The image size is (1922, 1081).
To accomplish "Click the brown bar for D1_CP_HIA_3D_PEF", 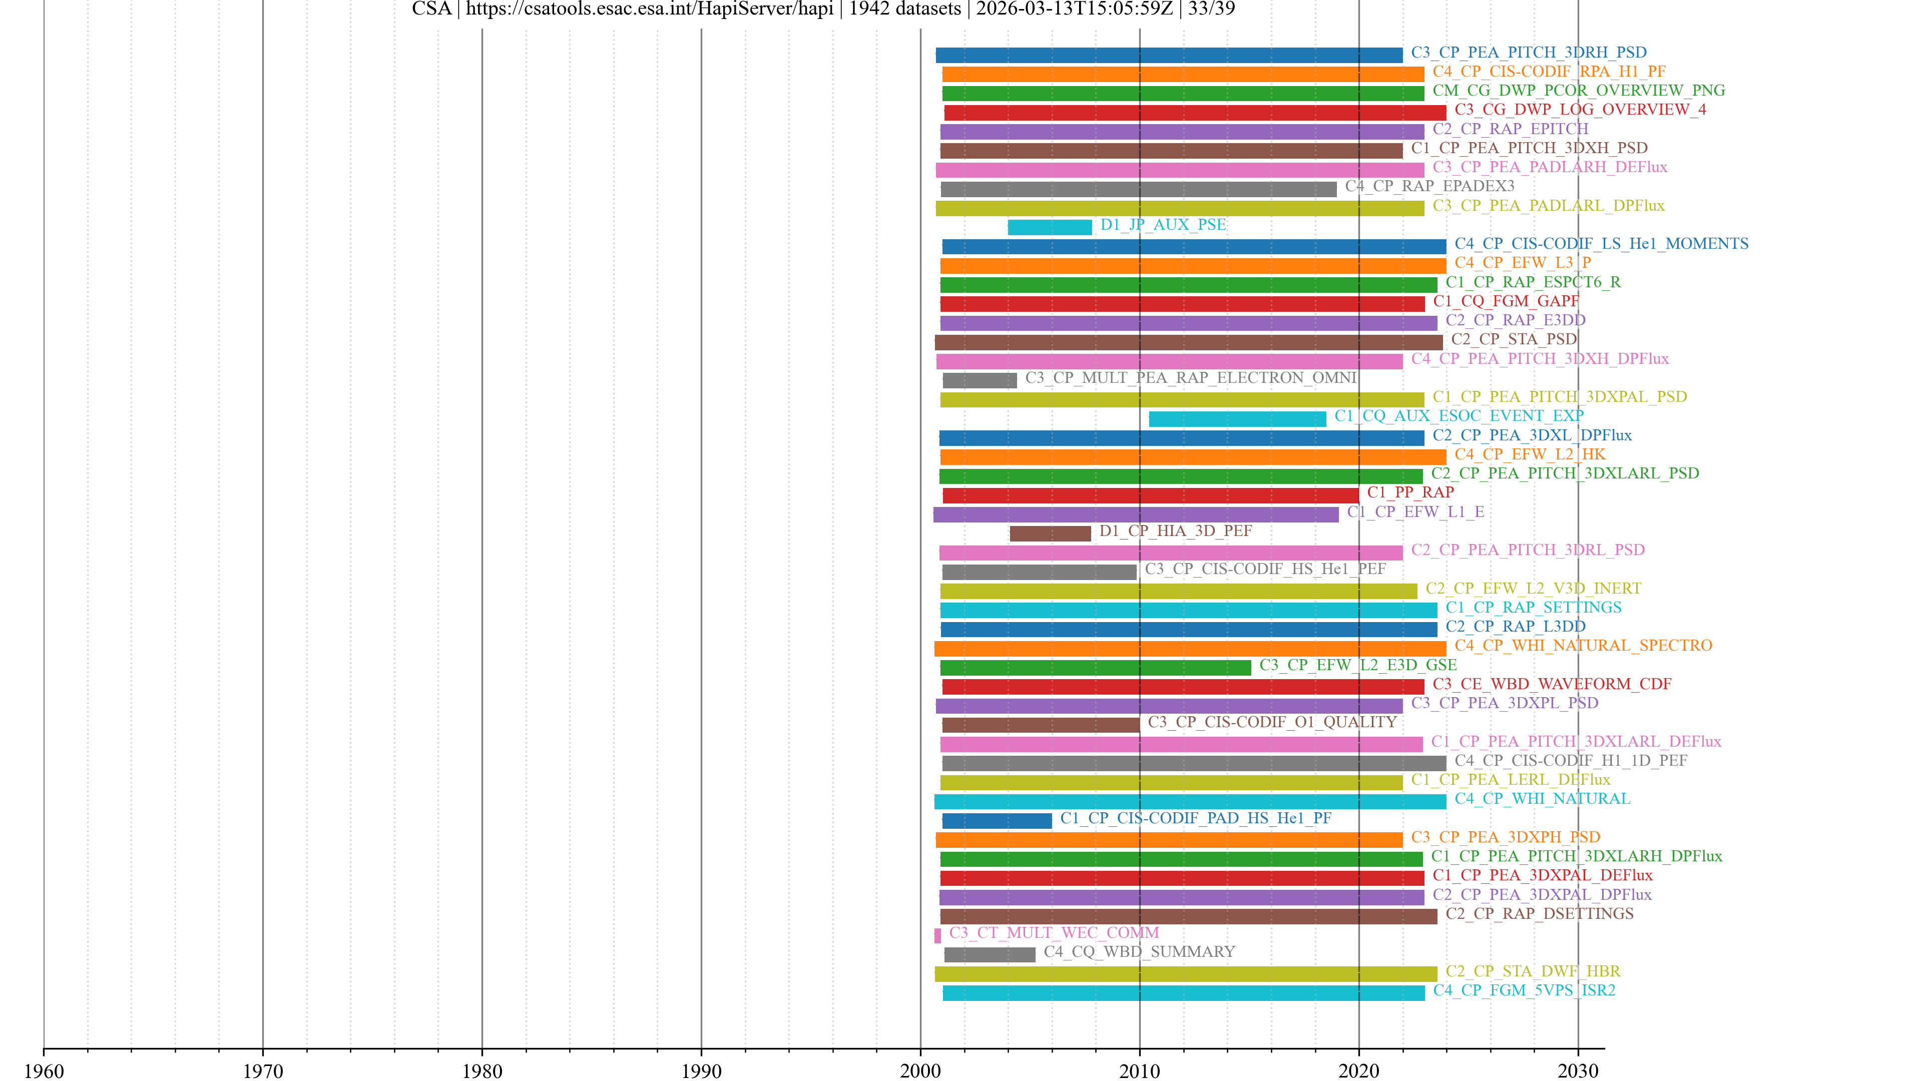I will tap(1050, 533).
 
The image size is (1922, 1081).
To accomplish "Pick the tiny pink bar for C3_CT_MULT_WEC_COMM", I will tap(938, 935).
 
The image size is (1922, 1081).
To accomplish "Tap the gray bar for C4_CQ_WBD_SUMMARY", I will tap(990, 954).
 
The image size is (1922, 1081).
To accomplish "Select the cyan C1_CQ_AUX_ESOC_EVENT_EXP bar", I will tap(1237, 418).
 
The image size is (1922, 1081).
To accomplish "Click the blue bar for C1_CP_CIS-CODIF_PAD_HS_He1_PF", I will tap(997, 821).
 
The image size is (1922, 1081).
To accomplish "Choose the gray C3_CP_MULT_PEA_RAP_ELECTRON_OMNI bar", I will tap(980, 380).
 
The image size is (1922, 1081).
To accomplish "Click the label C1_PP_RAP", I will tap(1410, 492).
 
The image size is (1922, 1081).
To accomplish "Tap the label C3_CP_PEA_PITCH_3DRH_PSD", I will tap(1528, 52).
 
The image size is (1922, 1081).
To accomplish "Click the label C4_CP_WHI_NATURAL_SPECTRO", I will tap(1583, 645).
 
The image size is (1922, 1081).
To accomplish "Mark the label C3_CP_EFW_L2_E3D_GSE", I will tap(1358, 665).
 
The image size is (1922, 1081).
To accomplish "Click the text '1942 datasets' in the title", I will tap(904, 9).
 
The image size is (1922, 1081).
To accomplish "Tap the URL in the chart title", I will tap(649, 9).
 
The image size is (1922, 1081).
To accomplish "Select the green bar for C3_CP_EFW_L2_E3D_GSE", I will tap(1095, 668).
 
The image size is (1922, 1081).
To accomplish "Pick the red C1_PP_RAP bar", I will tap(1151, 495).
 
